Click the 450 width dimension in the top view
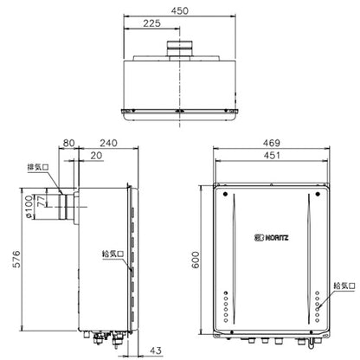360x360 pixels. [x=179, y=11]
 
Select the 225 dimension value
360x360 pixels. [x=151, y=23]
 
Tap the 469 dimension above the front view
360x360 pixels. [x=271, y=143]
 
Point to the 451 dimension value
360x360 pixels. [x=272, y=156]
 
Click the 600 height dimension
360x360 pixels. [x=196, y=260]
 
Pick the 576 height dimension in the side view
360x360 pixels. [x=16, y=259]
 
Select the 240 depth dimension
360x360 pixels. [x=108, y=143]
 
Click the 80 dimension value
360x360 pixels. [x=68, y=143]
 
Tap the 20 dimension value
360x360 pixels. [x=96, y=156]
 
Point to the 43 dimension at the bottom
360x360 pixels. [x=156, y=350]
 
